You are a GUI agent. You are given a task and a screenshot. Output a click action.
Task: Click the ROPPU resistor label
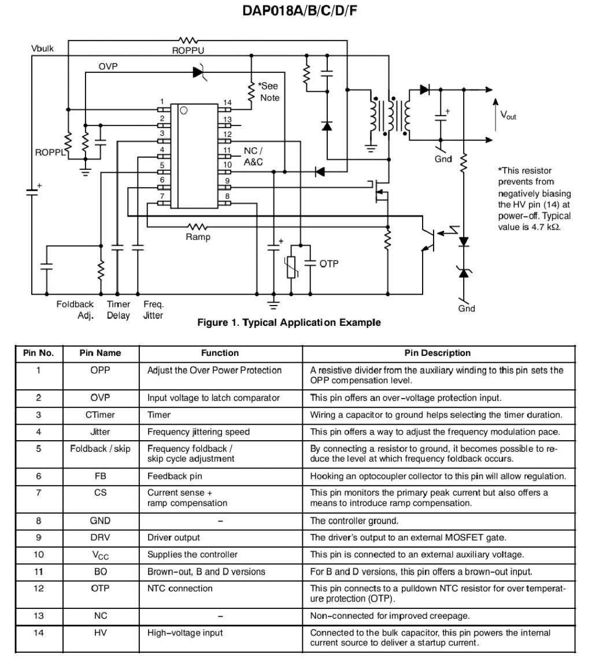click(188, 51)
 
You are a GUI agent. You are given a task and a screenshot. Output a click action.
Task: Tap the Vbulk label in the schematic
click(42, 49)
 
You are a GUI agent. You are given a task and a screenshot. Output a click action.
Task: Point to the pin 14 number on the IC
click(227, 103)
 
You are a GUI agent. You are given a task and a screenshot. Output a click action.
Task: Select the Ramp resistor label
click(198, 237)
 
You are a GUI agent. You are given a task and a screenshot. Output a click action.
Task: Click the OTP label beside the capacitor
click(329, 264)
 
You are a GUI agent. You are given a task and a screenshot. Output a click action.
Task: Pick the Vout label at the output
click(508, 116)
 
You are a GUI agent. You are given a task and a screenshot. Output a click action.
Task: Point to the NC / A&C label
click(253, 157)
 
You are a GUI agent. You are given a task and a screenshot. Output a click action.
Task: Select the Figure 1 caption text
click(289, 322)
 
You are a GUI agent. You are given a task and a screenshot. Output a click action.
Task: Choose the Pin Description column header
click(438, 353)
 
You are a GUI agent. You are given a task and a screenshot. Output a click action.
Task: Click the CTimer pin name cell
click(100, 415)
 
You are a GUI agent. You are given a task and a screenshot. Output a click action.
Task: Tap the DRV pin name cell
click(100, 537)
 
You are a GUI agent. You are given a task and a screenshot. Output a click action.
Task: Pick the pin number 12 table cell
click(38, 589)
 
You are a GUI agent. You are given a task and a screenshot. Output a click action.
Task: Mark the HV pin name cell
click(100, 633)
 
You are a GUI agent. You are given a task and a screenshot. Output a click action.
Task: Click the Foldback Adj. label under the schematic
click(75, 310)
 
